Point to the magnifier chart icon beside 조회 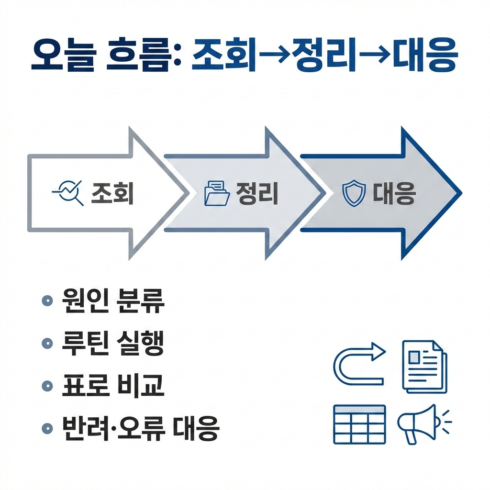pyautogui.click(x=67, y=193)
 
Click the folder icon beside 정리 pyautogui.click(x=217, y=193)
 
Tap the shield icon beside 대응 pyautogui.click(x=354, y=194)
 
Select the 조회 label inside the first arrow pyautogui.click(x=112, y=194)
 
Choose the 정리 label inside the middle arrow pyautogui.click(x=257, y=194)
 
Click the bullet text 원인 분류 pyautogui.click(x=113, y=301)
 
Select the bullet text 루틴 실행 pyautogui.click(x=113, y=344)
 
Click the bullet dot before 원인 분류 pyautogui.click(x=47, y=301)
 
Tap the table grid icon pyautogui.click(x=359, y=424)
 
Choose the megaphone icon pyautogui.click(x=421, y=423)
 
